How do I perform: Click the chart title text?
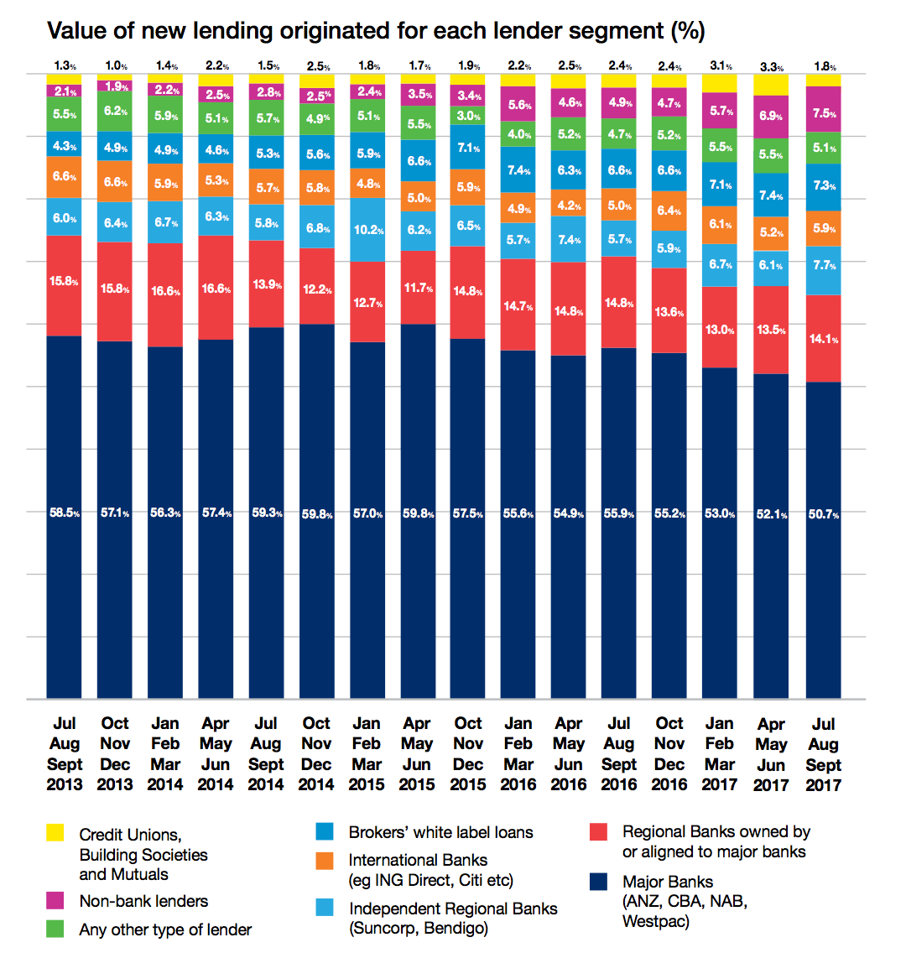tap(376, 31)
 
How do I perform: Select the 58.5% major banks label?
tap(64, 513)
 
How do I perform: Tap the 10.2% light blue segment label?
tap(367, 230)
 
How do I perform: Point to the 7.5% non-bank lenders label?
tap(824, 114)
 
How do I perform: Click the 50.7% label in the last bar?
tap(824, 513)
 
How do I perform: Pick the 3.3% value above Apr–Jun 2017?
tap(772, 67)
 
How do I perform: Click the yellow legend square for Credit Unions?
tap(55, 833)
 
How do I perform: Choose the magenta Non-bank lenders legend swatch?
tap(55, 901)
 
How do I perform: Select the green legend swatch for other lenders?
tap(55, 929)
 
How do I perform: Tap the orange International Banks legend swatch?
tap(325, 861)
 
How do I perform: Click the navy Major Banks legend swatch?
tap(598, 882)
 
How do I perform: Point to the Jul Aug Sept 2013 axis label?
tap(65, 753)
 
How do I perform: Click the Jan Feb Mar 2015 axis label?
tap(367, 753)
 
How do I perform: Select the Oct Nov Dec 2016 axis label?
tap(669, 753)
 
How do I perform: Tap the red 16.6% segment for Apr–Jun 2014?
tap(216, 289)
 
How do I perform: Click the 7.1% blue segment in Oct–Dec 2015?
tap(468, 148)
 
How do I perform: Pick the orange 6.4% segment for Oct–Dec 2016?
tap(669, 211)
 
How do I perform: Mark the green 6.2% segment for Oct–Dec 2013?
tap(115, 111)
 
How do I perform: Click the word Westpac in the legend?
tap(655, 921)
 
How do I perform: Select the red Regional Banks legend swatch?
tap(598, 832)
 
